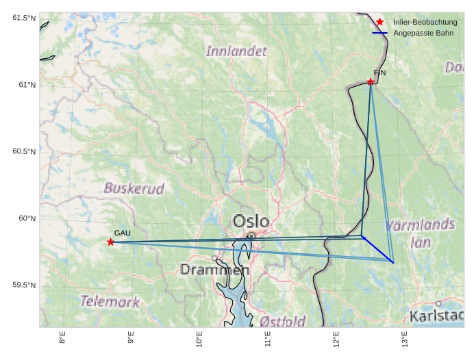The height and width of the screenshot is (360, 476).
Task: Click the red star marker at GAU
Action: coord(110,242)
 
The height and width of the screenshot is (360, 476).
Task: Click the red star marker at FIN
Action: coord(371,81)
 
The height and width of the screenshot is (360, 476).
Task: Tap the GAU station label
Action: coord(122,233)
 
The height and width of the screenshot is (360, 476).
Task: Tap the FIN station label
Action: coord(380,73)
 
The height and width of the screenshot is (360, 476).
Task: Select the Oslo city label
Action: coord(251,221)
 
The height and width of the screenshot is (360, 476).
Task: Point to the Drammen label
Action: coord(214,270)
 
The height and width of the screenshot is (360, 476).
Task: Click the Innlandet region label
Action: coord(236,51)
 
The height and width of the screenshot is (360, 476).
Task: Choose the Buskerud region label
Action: coord(134,188)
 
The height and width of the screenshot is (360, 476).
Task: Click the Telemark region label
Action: coord(110,300)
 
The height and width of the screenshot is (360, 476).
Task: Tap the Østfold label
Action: coord(283,321)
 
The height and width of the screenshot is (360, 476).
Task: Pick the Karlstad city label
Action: coord(437,316)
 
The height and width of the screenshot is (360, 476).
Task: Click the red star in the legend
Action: coord(379,23)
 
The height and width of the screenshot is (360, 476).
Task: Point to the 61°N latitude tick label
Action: coord(25,85)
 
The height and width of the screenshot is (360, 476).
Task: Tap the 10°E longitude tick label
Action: coord(199,338)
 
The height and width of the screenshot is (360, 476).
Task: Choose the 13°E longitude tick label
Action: coord(404,338)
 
